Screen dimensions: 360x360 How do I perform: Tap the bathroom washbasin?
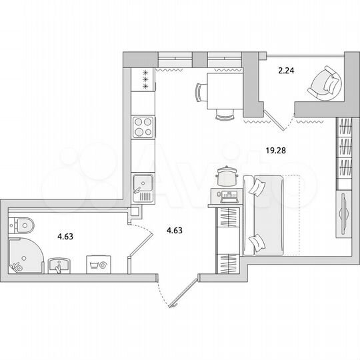tap(59, 267)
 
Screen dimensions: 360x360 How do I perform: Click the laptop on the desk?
tap(227, 195)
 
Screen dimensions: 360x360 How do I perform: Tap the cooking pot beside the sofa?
tap(227, 176)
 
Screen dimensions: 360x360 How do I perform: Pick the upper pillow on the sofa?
tap(257, 187)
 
